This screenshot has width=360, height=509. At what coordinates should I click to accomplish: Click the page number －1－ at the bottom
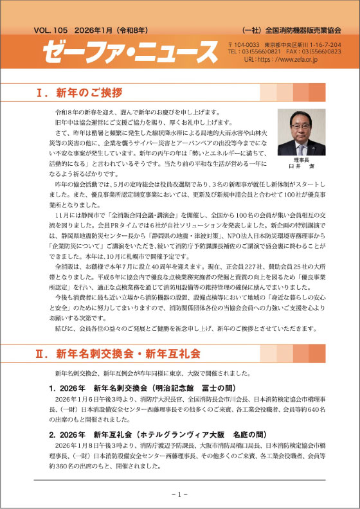click(179, 494)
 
